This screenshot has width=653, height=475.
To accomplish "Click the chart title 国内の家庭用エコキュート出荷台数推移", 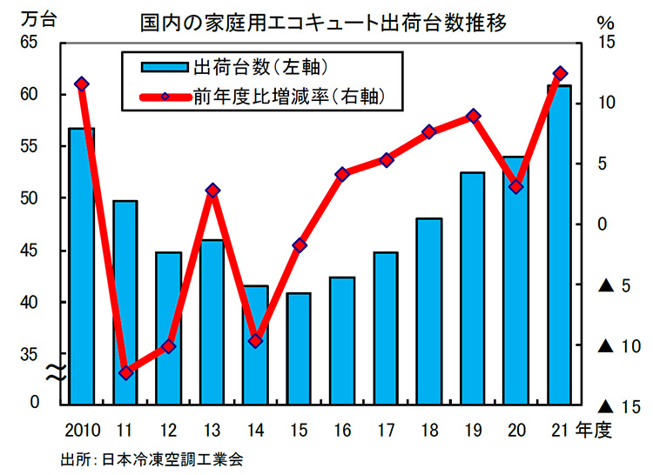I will (x=327, y=19).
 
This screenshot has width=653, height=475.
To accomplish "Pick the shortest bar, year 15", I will (x=299, y=348).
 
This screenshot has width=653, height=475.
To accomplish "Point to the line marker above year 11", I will (x=125, y=372).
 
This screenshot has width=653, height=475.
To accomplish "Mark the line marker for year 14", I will (x=255, y=341).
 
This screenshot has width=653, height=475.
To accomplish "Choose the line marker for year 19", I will (x=473, y=116).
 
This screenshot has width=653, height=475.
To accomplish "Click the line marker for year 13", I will (x=212, y=190).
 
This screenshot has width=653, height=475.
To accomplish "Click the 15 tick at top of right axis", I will (x=607, y=43).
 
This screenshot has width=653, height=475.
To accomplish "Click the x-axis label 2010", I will (x=82, y=430).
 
